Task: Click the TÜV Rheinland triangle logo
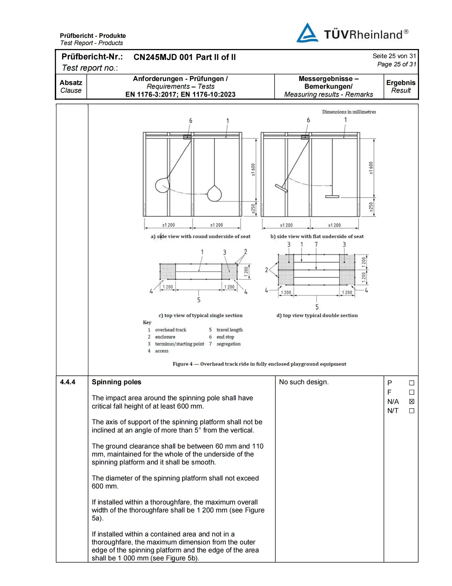pos(307,33)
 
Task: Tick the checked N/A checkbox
pos(412,401)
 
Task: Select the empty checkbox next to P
pos(412,383)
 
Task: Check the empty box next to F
pos(412,392)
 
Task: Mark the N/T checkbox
pos(412,411)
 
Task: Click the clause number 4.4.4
pos(68,382)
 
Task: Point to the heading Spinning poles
pos(116,382)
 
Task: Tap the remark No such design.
pos(304,382)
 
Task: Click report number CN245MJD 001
pos(163,57)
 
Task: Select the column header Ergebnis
pos(401,83)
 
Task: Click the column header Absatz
pos(71,83)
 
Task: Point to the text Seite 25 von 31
pos(394,56)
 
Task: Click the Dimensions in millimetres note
pos(349,112)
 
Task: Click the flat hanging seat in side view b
pos(332,196)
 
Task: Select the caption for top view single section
pos(200,315)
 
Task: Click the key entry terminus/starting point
pos(179,344)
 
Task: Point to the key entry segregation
pos(229,344)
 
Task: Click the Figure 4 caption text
pos(259,364)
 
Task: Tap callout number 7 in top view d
pos(316,244)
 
